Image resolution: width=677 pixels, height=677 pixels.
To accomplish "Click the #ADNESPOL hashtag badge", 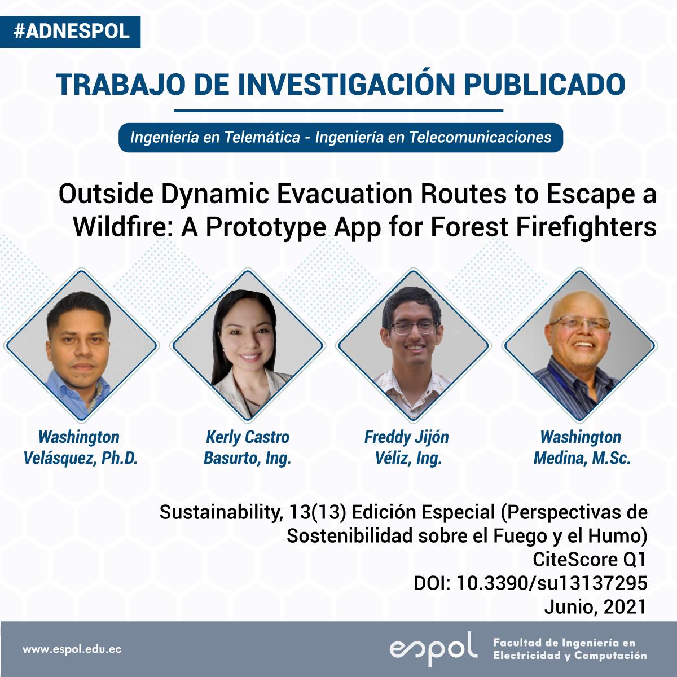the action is pyautogui.click(x=71, y=32).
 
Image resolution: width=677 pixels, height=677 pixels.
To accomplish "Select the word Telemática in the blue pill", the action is pyautogui.click(x=262, y=137).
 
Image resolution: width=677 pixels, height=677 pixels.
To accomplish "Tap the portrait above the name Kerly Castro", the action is pyautogui.click(x=248, y=345).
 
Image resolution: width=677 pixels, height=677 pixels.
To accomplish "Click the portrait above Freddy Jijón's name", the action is pyautogui.click(x=413, y=345).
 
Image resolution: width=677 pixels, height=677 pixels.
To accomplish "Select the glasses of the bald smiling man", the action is pyautogui.click(x=579, y=322).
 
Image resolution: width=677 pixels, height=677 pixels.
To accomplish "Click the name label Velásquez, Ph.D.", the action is pyautogui.click(x=81, y=458).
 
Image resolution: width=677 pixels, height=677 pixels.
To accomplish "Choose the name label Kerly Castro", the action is pyautogui.click(x=248, y=437).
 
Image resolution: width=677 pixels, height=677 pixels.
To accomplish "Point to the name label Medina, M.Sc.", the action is pyautogui.click(x=582, y=458).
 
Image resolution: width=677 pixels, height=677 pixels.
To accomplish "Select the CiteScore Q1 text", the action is pyautogui.click(x=590, y=560).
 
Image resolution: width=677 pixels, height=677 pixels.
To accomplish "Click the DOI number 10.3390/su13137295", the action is pyautogui.click(x=552, y=583).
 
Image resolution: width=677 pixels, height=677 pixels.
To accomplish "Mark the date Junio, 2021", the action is pyautogui.click(x=596, y=607).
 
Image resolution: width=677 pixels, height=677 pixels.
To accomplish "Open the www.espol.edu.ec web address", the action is pyautogui.click(x=72, y=649).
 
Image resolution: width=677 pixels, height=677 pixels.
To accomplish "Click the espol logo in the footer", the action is pyautogui.click(x=433, y=649).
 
